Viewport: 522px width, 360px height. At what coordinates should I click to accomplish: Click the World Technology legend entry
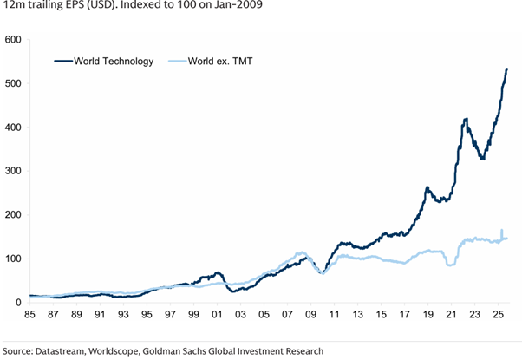[115, 61]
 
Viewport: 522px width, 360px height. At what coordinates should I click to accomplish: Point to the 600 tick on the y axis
[13, 40]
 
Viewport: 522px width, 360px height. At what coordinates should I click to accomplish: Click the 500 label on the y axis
[13, 83]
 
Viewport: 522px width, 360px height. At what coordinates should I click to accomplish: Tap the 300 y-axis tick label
[13, 171]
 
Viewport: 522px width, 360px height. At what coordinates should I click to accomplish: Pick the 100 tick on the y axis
[13, 259]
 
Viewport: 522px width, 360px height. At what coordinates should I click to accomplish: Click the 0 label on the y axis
[17, 302]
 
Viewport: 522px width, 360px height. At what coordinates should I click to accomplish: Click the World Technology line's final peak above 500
[506, 69]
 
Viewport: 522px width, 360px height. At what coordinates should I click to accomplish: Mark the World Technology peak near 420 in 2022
[467, 119]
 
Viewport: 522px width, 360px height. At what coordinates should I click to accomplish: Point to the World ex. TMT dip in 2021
[450, 265]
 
